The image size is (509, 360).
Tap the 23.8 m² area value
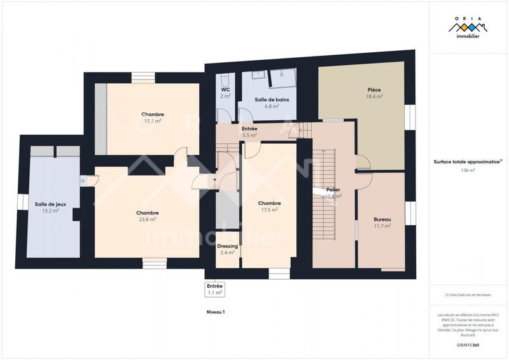click(147, 219)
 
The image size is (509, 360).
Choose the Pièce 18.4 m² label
click(374, 93)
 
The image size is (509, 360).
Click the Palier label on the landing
click(333, 190)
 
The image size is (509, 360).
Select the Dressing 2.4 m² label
click(227, 249)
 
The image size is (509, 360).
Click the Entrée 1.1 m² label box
click(214, 289)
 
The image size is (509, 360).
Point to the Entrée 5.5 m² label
click(249, 132)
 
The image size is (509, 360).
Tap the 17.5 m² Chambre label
click(269, 207)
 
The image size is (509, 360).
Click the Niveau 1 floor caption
click(216, 312)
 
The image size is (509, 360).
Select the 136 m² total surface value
click(468, 170)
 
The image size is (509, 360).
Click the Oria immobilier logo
click(468, 29)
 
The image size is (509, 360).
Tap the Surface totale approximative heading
click(468, 162)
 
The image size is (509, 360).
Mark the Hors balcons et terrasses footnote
click(468, 295)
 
